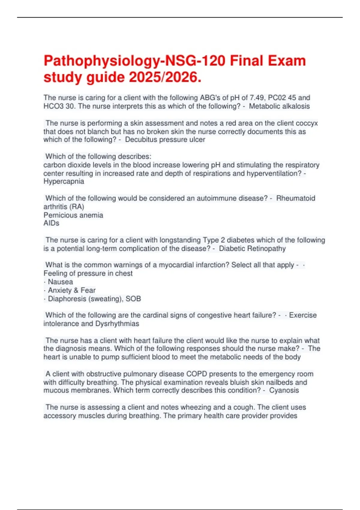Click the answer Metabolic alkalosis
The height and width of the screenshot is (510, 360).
[x=279, y=106]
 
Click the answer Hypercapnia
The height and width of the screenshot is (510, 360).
[x=64, y=181]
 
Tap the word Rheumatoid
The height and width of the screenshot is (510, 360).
[x=295, y=198]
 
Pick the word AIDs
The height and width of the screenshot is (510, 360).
[x=51, y=223]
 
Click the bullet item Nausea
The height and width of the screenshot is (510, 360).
[x=60, y=282]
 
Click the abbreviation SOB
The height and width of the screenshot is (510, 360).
[x=133, y=299]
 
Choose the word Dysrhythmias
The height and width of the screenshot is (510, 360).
[x=117, y=324]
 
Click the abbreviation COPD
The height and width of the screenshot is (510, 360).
[x=196, y=374]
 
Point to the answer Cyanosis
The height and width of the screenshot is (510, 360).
[x=284, y=390]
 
